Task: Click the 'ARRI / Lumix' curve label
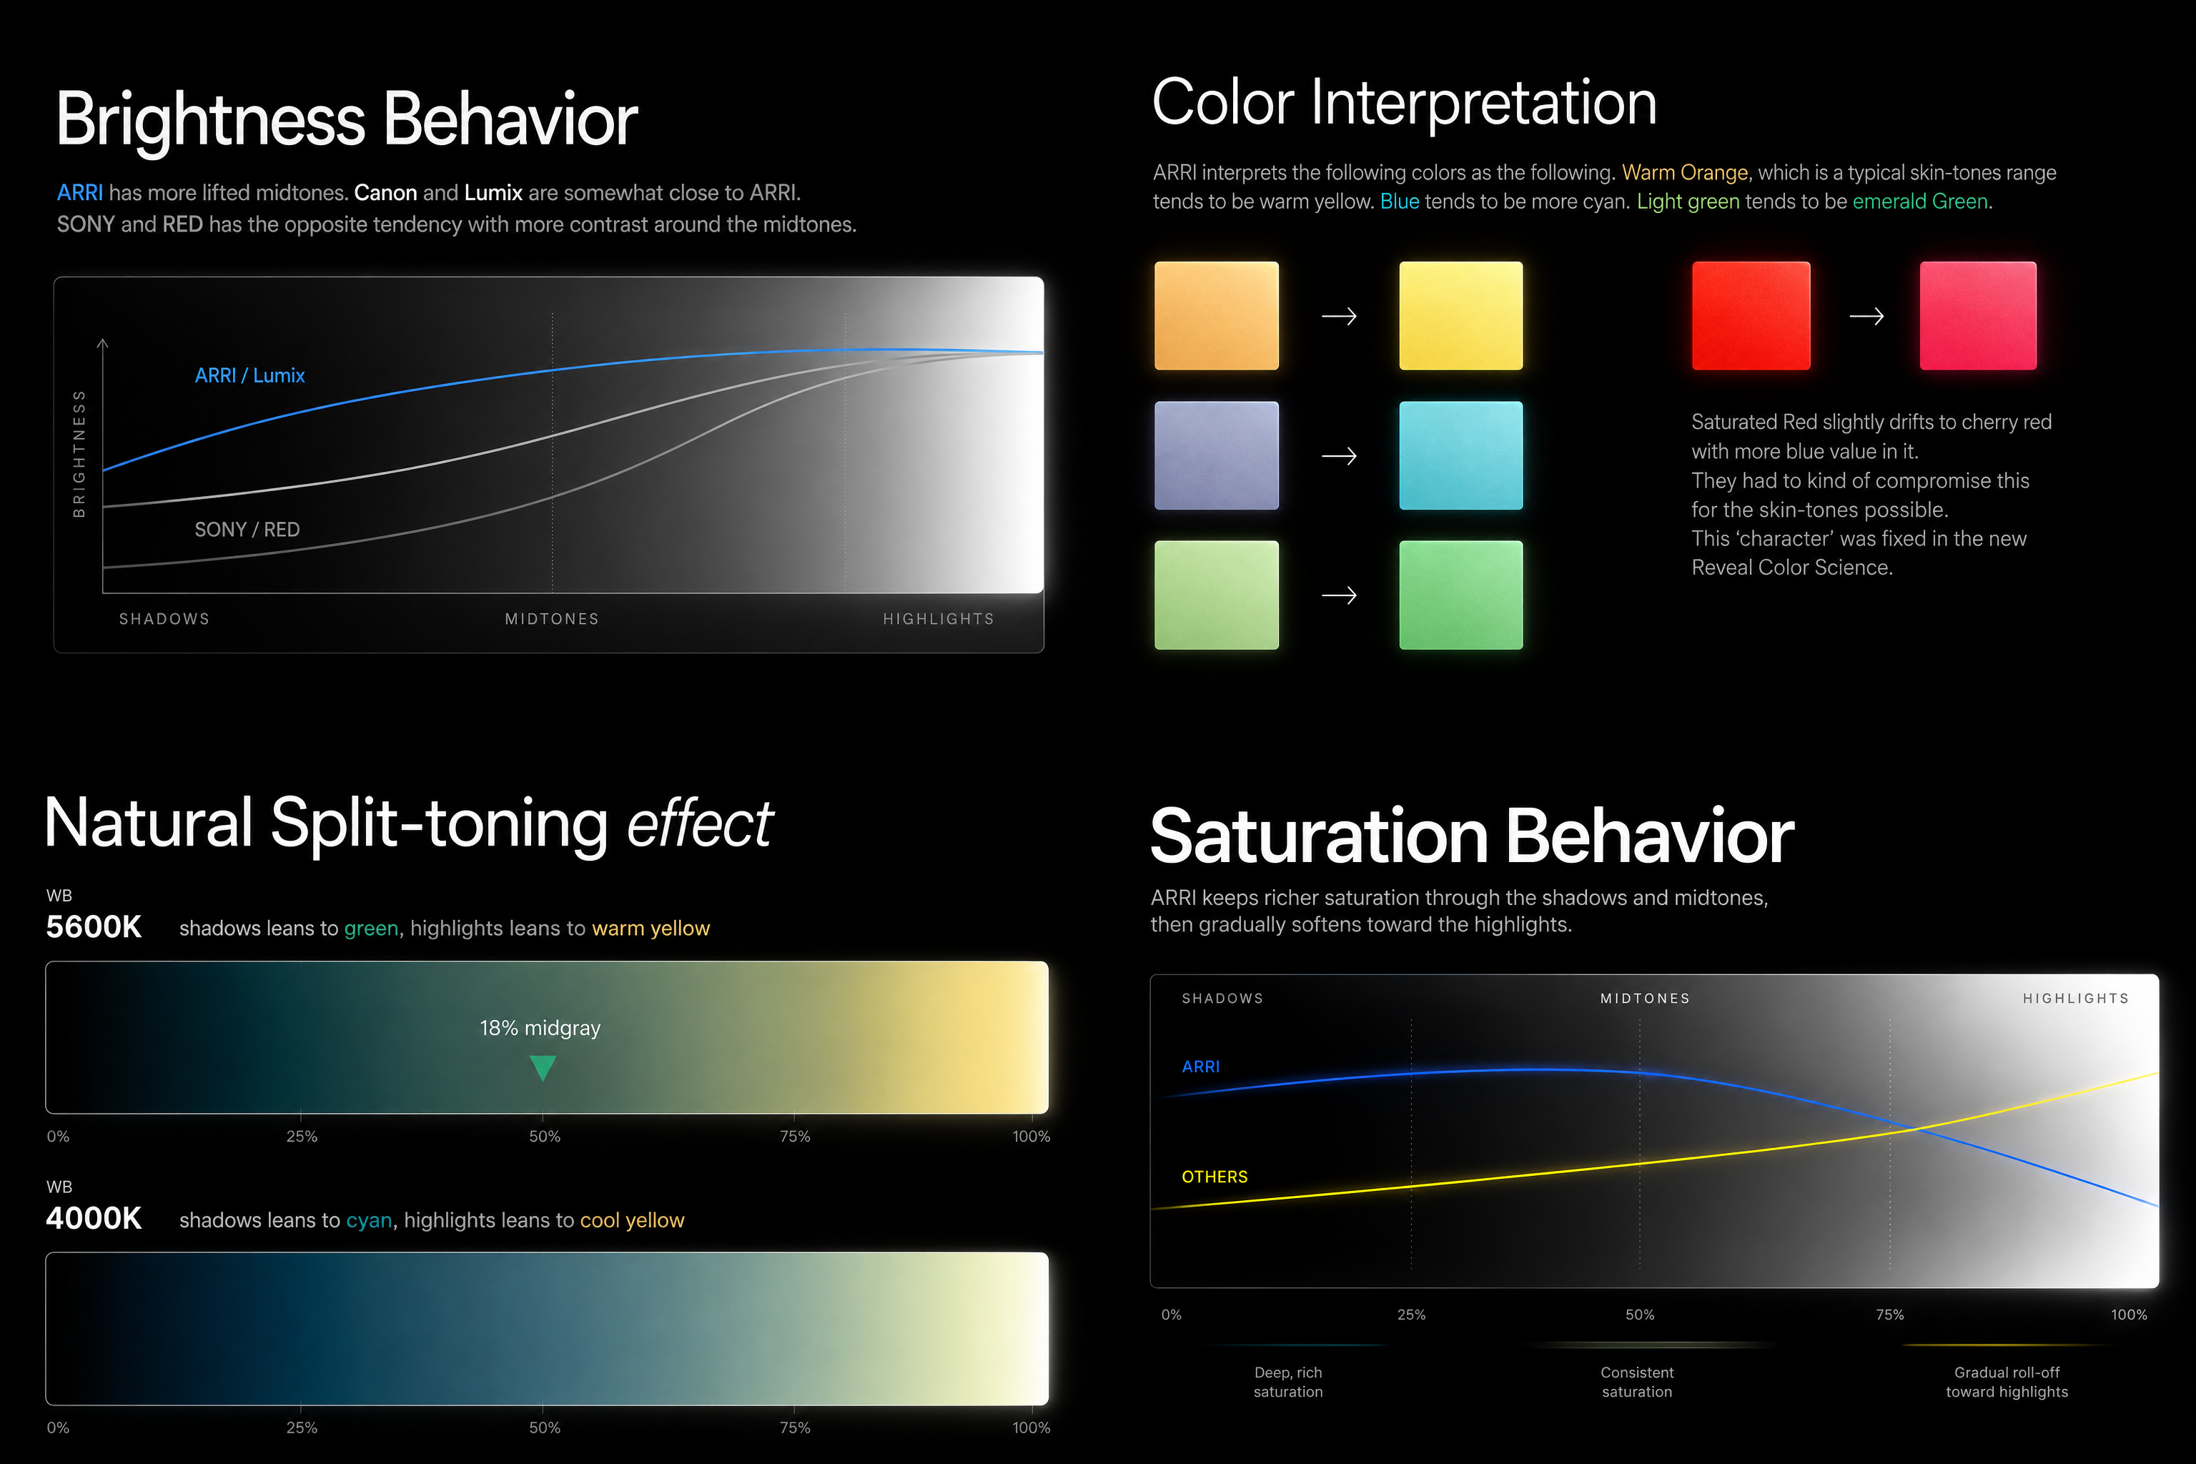249,375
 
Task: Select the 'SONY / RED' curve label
247,530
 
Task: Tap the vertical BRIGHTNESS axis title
79,454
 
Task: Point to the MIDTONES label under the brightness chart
552,619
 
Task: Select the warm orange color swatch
1217,315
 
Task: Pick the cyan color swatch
1461,455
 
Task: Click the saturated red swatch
1751,315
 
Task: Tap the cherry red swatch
1977,315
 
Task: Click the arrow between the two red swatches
1866,317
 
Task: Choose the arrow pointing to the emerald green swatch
1339,595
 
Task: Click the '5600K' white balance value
94,927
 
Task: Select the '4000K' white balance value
94,1218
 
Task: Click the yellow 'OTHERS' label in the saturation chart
1215,1177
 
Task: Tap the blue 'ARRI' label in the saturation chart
1201,1067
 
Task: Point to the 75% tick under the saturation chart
1890,1315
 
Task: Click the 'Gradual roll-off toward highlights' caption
2007,1382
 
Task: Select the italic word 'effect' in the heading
699,824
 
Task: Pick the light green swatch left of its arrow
1217,595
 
